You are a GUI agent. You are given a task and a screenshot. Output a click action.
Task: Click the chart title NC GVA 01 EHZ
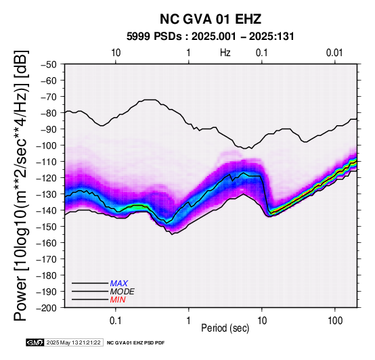click(x=211, y=19)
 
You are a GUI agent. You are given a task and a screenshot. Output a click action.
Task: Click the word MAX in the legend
click(x=119, y=284)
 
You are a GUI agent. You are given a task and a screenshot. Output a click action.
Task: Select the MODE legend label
click(x=123, y=292)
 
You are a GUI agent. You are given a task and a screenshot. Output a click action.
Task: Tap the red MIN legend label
click(x=118, y=300)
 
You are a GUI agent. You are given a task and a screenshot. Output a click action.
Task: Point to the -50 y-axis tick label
click(x=49, y=65)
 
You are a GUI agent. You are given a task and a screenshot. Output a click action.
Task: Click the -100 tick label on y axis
click(x=47, y=145)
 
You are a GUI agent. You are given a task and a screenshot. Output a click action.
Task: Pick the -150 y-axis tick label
click(x=47, y=227)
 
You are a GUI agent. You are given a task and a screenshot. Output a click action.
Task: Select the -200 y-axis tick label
click(x=47, y=308)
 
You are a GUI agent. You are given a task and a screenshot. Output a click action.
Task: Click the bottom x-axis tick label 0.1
click(x=116, y=321)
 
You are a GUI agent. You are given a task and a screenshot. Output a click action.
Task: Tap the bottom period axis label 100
click(x=335, y=321)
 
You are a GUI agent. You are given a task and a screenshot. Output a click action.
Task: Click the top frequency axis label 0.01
click(x=334, y=53)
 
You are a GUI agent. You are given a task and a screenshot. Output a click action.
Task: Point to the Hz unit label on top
click(x=225, y=53)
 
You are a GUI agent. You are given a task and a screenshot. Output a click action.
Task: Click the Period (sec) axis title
click(x=225, y=328)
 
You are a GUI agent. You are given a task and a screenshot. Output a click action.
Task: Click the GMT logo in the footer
click(x=35, y=342)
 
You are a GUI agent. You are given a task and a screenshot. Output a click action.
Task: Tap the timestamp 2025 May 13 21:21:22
click(x=73, y=342)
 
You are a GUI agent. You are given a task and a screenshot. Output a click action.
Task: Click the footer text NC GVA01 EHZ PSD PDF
click(x=135, y=343)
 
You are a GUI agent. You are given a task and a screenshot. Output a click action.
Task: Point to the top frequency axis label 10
click(x=116, y=53)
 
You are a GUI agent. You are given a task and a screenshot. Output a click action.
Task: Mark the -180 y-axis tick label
click(x=47, y=275)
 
